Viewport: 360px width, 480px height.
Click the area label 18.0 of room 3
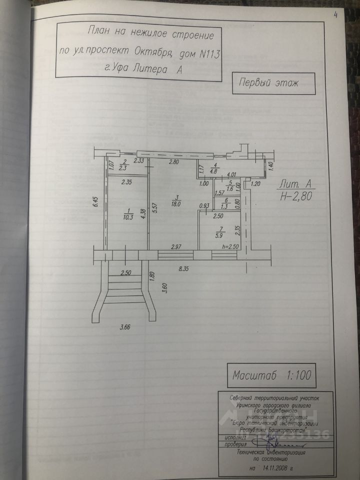tap(175, 203)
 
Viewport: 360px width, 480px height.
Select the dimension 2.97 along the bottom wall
tap(175, 246)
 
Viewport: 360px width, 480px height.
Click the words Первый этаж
tap(267, 82)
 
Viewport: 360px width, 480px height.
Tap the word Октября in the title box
tap(154, 52)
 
